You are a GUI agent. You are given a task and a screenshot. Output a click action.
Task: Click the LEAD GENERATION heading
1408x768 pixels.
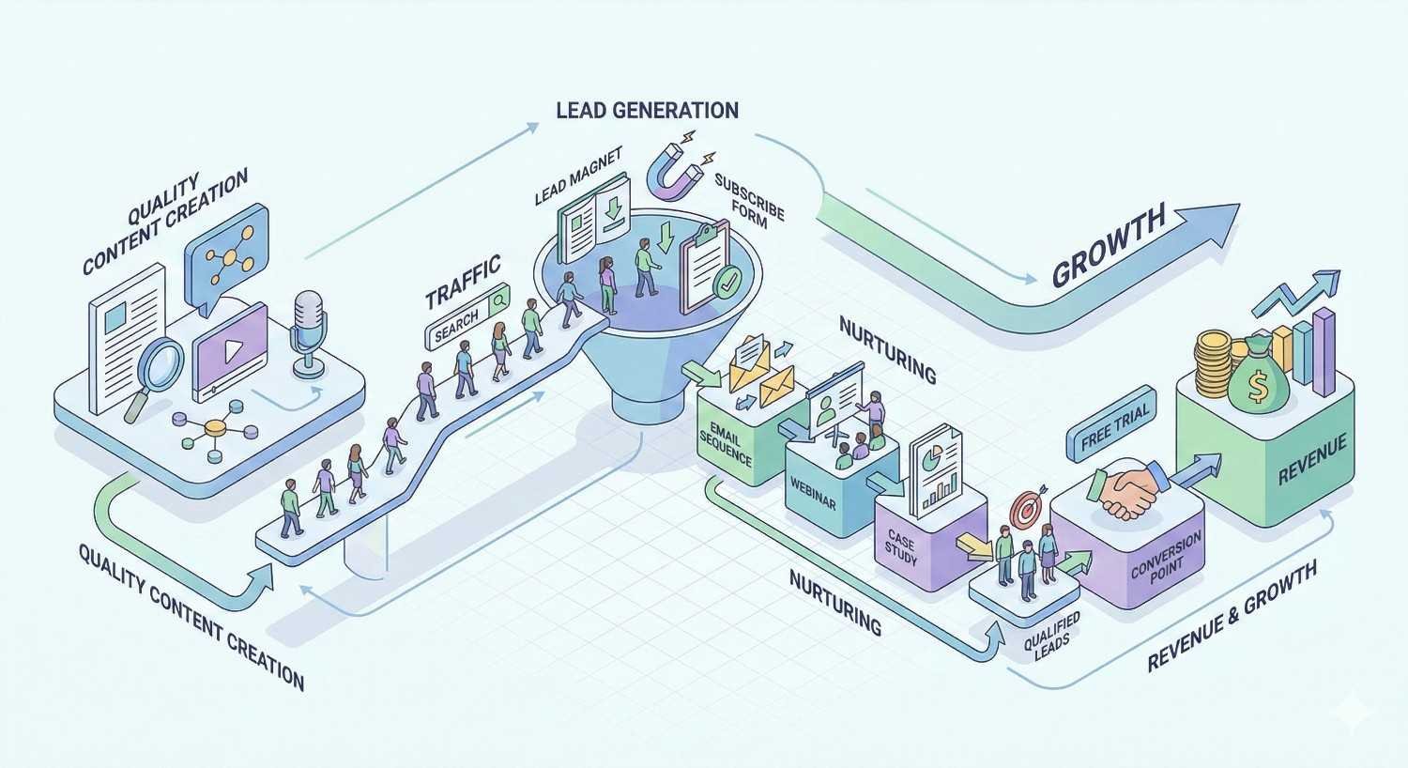tap(647, 110)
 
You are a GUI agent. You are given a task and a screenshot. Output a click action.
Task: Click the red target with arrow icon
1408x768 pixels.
tap(1025, 511)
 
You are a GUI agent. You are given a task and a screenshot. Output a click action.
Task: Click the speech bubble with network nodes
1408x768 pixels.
tap(225, 253)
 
